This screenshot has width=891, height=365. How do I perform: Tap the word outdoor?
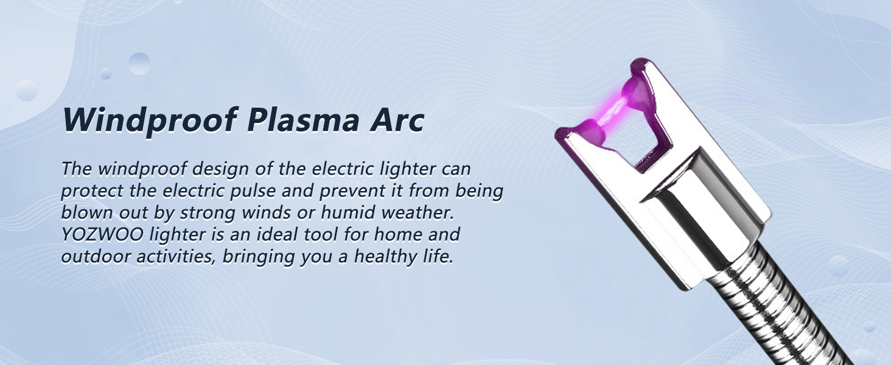(90, 256)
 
